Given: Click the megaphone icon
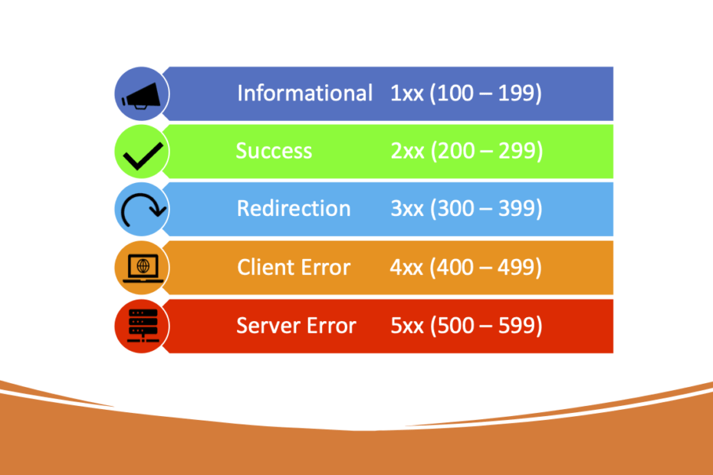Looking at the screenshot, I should pos(141,95).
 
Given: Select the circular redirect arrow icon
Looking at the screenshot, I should pos(142,209).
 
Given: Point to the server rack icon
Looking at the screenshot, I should pos(142,326).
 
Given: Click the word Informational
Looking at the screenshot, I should pos(304,93).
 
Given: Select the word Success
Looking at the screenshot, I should pos(274,151).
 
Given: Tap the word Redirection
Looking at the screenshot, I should pos(294,208).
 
